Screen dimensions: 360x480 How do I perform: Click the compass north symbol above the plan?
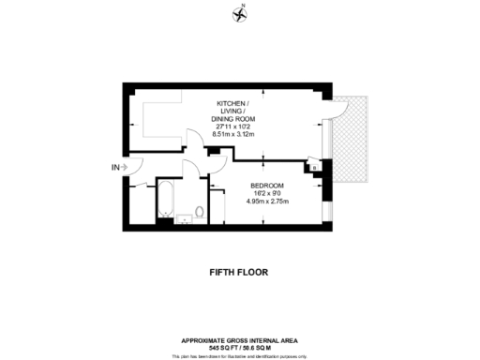240,12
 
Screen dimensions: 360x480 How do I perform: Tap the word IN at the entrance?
114,168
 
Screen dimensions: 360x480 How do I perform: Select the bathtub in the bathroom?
164,202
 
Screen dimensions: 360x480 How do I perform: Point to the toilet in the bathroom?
199,212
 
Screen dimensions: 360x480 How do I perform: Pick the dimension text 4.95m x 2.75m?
268,202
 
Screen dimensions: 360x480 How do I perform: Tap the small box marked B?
314,168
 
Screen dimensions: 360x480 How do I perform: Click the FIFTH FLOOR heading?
239,273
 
